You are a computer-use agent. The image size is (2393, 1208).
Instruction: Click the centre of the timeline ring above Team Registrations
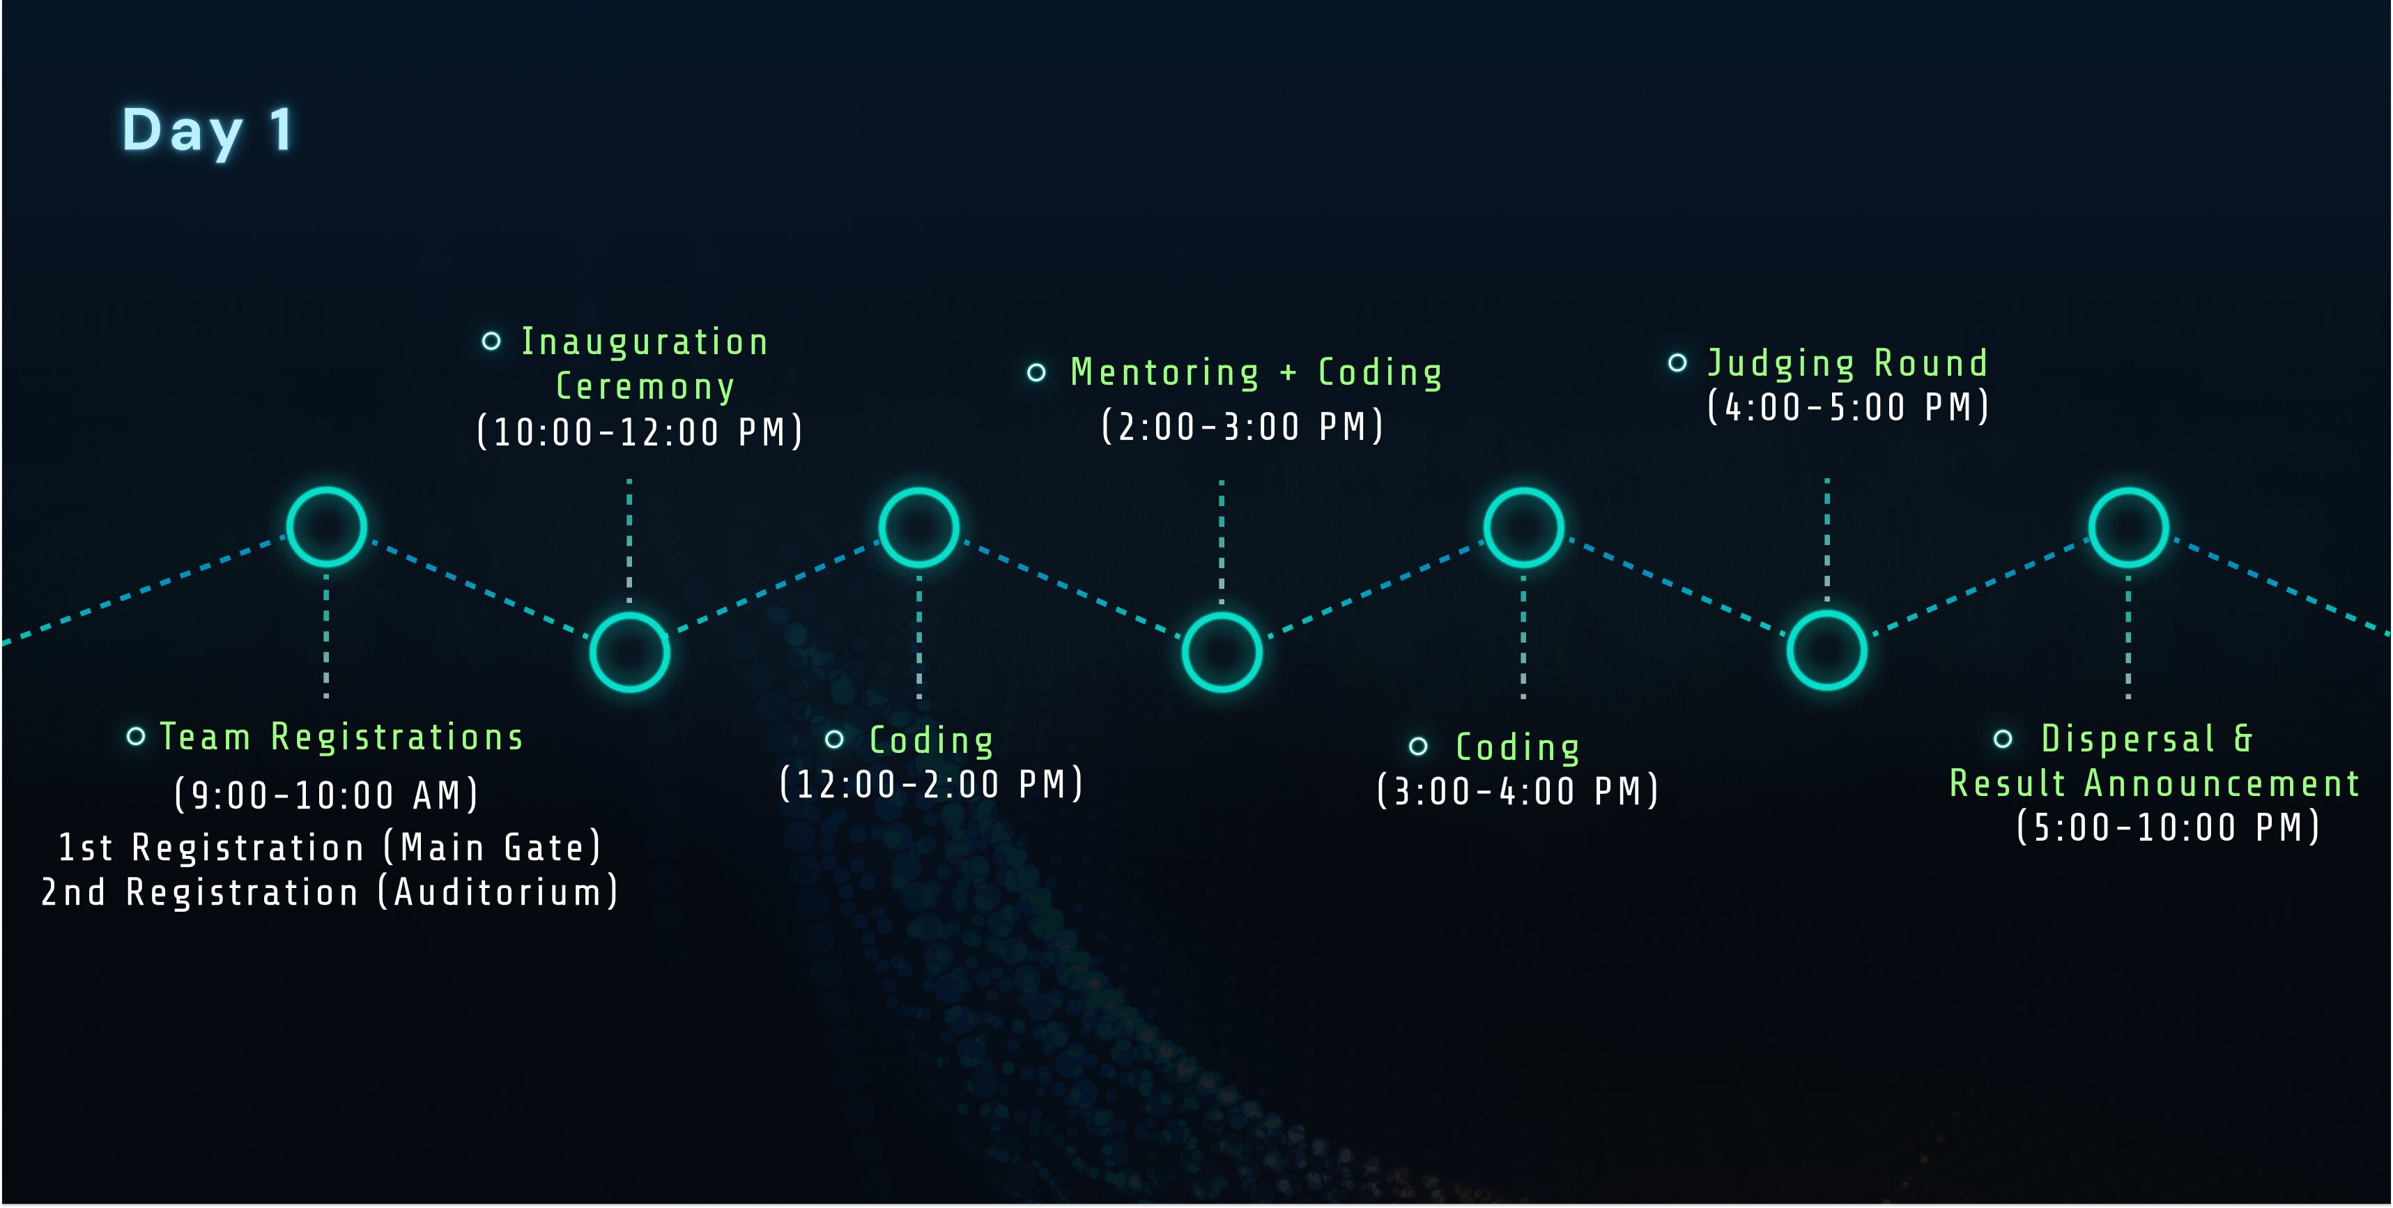point(326,527)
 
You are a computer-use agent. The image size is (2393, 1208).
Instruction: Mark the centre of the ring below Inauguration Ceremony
point(630,651)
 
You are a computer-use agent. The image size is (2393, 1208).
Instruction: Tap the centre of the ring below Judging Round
point(1826,650)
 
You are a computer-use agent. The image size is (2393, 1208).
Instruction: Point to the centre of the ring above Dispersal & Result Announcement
point(2128,527)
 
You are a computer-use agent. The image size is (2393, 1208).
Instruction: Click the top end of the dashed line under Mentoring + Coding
point(1222,482)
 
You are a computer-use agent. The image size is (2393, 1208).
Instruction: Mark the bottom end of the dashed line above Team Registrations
point(326,697)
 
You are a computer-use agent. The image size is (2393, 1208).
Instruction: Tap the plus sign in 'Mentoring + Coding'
point(1288,374)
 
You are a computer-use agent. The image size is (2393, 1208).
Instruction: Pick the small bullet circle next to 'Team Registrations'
point(136,737)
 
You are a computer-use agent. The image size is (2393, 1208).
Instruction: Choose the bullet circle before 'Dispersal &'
point(2003,739)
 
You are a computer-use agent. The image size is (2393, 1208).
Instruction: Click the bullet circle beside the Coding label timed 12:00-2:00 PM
point(834,740)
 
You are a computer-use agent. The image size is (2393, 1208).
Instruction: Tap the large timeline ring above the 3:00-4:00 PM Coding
point(1523,527)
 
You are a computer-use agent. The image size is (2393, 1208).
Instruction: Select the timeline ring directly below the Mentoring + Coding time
point(1222,651)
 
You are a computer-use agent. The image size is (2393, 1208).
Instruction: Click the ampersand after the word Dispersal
point(2242,739)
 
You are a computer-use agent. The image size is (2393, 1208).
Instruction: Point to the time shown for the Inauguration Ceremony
point(640,432)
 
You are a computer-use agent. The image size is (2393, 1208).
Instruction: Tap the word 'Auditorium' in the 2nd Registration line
point(498,892)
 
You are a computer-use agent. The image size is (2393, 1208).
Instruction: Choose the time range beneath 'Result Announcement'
point(2168,827)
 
